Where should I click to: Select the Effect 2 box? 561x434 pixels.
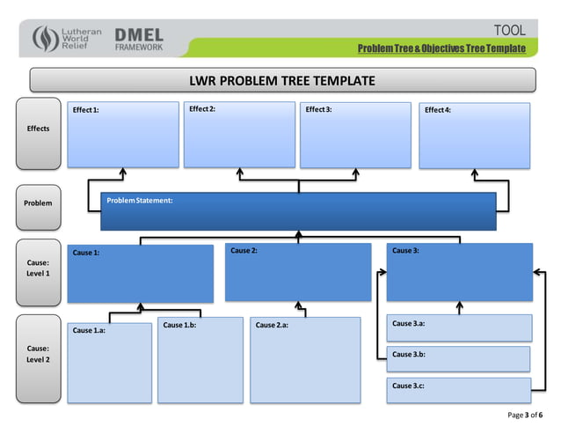click(x=239, y=134)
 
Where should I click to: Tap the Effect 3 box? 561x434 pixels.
click(x=355, y=134)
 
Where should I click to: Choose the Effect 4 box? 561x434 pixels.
click(x=475, y=136)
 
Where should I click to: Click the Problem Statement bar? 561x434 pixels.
click(x=298, y=211)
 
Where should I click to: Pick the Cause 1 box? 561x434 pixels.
click(x=140, y=273)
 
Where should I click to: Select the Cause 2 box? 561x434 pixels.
click(x=297, y=272)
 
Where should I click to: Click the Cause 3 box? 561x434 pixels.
click(x=459, y=272)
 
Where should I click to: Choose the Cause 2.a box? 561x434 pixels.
click(x=305, y=359)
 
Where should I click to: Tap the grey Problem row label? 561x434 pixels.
click(x=38, y=203)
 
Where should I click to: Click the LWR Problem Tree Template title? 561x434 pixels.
click(x=282, y=81)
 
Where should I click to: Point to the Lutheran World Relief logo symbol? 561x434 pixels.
click(x=45, y=40)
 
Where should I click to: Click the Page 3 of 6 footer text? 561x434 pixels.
click(x=526, y=415)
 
